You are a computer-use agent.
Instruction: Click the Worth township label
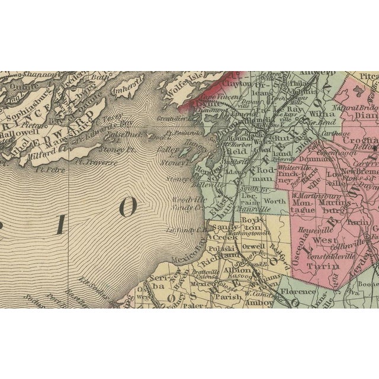[274, 202]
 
